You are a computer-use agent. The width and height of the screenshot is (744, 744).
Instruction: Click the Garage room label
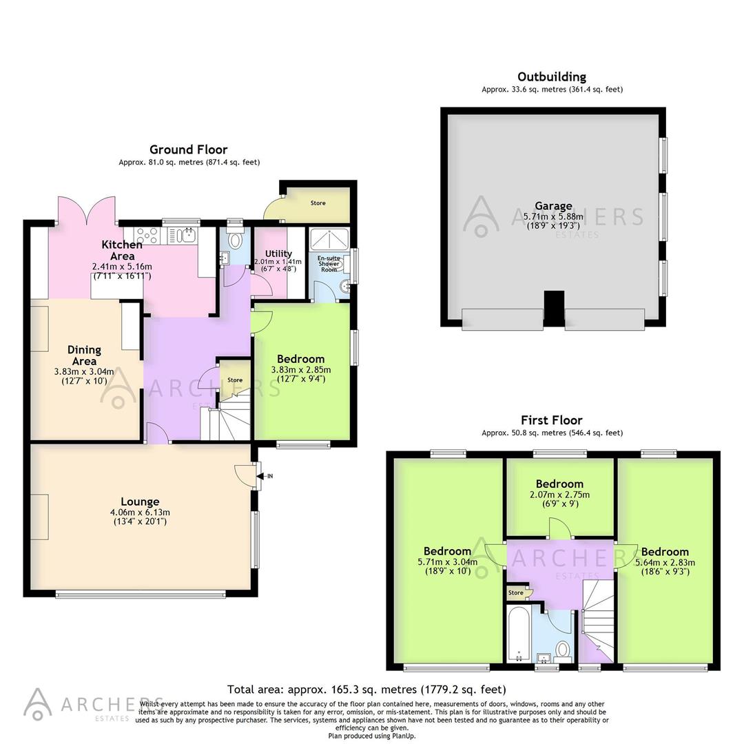tap(553, 205)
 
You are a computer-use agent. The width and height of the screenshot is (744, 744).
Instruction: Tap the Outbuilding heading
tap(552, 76)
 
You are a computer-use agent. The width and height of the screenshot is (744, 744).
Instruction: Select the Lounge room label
tap(140, 502)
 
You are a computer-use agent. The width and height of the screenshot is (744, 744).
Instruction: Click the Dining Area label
tap(84, 355)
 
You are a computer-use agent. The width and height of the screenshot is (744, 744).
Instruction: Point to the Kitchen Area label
tap(122, 250)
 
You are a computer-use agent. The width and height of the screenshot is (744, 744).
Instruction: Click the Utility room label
tap(278, 254)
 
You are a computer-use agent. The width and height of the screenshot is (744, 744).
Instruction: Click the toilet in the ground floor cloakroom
tap(235, 240)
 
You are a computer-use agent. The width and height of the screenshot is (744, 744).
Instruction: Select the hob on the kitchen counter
tap(147, 236)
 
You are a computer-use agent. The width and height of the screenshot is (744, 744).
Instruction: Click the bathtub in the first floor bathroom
tap(517, 632)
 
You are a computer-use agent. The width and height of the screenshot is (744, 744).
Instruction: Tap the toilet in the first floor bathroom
tap(563, 650)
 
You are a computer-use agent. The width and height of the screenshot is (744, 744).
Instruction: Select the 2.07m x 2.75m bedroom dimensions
tap(559, 495)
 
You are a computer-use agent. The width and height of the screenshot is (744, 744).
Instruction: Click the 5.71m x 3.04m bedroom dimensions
tap(447, 561)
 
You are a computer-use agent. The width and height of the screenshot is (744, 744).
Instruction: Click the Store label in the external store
tap(318, 203)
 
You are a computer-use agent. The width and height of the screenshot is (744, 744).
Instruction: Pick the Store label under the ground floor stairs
tap(235, 380)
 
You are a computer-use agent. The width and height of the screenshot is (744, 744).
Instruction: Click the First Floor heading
tap(551, 420)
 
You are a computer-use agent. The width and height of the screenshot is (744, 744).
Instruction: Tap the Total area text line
tap(366, 689)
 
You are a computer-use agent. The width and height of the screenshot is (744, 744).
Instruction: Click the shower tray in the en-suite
tap(329, 238)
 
